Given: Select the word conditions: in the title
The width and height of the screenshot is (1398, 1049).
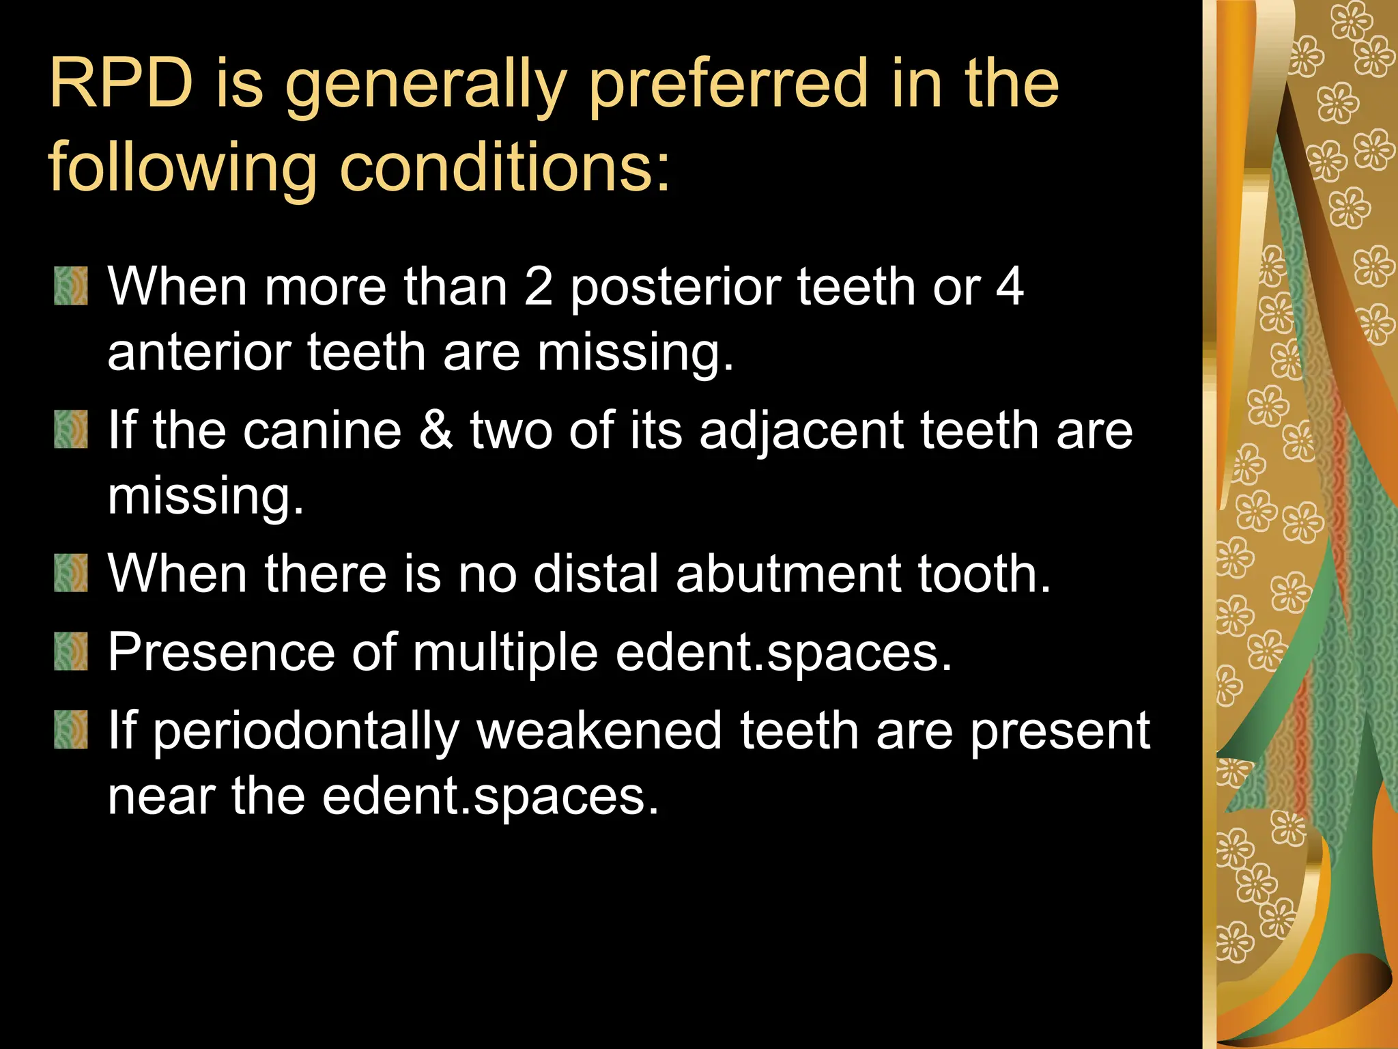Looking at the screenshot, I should pos(505,168).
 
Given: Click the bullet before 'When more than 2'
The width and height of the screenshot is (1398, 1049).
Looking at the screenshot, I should pos(71,286).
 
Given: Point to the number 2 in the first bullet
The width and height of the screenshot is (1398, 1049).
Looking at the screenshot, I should pos(538,287).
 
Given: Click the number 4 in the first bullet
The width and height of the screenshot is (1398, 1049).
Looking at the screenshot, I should pos(1009,287).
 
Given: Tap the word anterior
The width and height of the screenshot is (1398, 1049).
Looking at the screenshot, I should pos(199,352).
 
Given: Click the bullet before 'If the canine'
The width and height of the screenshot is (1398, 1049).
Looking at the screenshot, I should pos(71,430).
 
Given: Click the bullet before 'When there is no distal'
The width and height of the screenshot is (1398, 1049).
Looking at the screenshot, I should pos(71,573).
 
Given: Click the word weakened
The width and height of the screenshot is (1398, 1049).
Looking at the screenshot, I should pos(599,731).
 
